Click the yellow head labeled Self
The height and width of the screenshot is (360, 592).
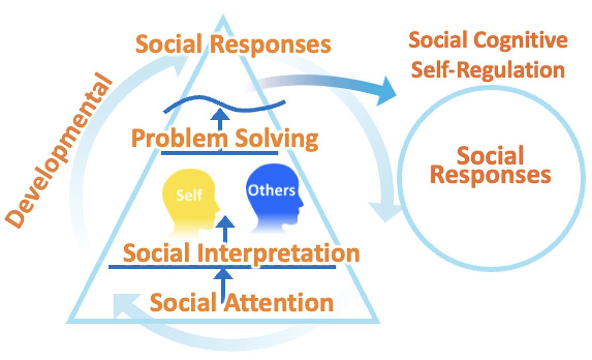pyautogui.click(x=189, y=199)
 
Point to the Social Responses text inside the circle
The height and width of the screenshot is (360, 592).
pyautogui.click(x=490, y=165)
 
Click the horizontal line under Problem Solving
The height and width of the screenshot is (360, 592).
pyautogui.click(x=219, y=153)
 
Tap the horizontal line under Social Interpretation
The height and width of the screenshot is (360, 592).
pyautogui.click(x=223, y=267)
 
